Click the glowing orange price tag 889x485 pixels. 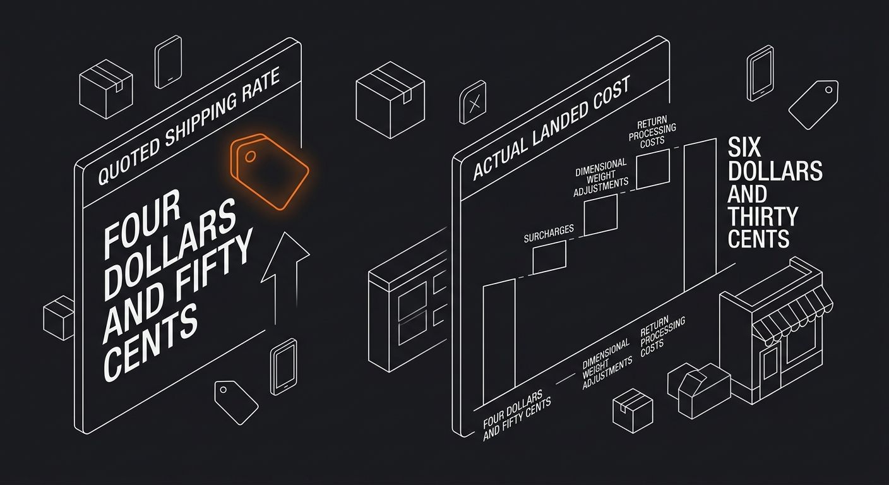270,171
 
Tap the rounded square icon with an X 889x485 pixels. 473,102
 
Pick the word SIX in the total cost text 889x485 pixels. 744,148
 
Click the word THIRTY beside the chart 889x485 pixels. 762,217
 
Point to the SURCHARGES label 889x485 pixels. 549,234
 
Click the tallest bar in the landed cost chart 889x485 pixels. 700,214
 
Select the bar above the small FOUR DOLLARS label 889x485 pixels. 499,341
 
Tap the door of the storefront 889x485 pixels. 770,364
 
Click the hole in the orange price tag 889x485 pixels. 251,157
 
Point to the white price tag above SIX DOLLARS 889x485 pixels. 814,104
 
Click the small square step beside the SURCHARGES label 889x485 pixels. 549,257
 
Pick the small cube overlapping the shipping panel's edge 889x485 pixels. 59,318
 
